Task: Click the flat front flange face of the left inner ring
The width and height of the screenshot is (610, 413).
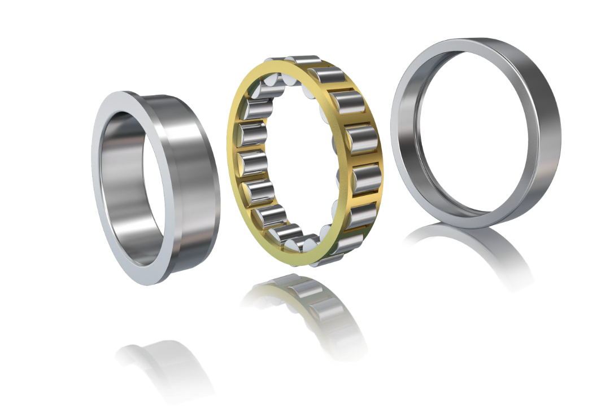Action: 98,186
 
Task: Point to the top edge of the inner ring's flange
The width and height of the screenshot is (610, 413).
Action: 121,93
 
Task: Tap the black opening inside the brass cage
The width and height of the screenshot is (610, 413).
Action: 294,164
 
